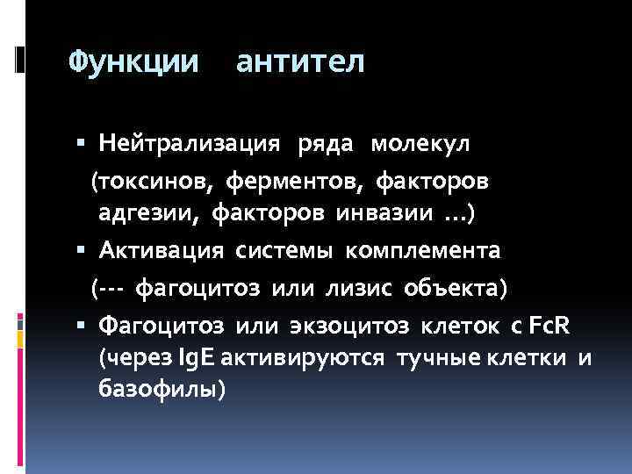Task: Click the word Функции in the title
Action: [134, 62]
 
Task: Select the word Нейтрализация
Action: [190, 141]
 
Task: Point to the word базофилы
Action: [162, 390]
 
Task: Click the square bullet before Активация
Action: [81, 250]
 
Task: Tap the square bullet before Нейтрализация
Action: [81, 141]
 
